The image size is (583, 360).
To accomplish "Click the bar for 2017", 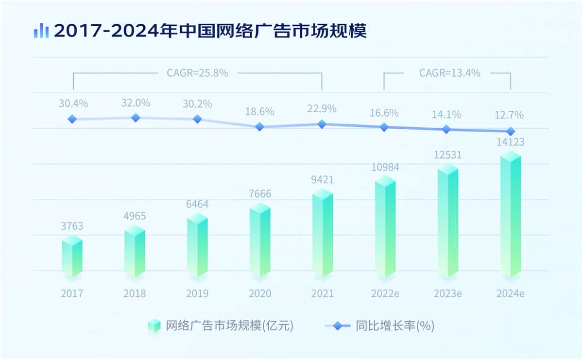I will click(72, 257).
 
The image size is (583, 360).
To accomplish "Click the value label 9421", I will click(322, 181).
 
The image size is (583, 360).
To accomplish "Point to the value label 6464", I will click(197, 204).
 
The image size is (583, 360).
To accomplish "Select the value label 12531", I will click(447, 155).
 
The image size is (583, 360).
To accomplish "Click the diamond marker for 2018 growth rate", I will click(136, 118).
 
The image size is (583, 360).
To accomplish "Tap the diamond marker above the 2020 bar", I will click(260, 127).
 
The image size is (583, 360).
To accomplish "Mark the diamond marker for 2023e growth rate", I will click(447, 129).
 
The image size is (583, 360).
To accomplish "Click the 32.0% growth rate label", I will click(136, 103).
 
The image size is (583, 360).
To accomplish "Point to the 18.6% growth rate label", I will click(260, 111).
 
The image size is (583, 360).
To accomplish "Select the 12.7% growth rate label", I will click(510, 115).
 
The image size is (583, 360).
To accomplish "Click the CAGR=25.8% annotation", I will click(197, 73).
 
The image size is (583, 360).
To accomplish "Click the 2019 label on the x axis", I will click(197, 294).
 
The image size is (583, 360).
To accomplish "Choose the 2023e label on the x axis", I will click(447, 294).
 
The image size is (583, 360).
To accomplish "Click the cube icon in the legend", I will click(154, 326).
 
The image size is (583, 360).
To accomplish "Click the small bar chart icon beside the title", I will click(41, 31).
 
